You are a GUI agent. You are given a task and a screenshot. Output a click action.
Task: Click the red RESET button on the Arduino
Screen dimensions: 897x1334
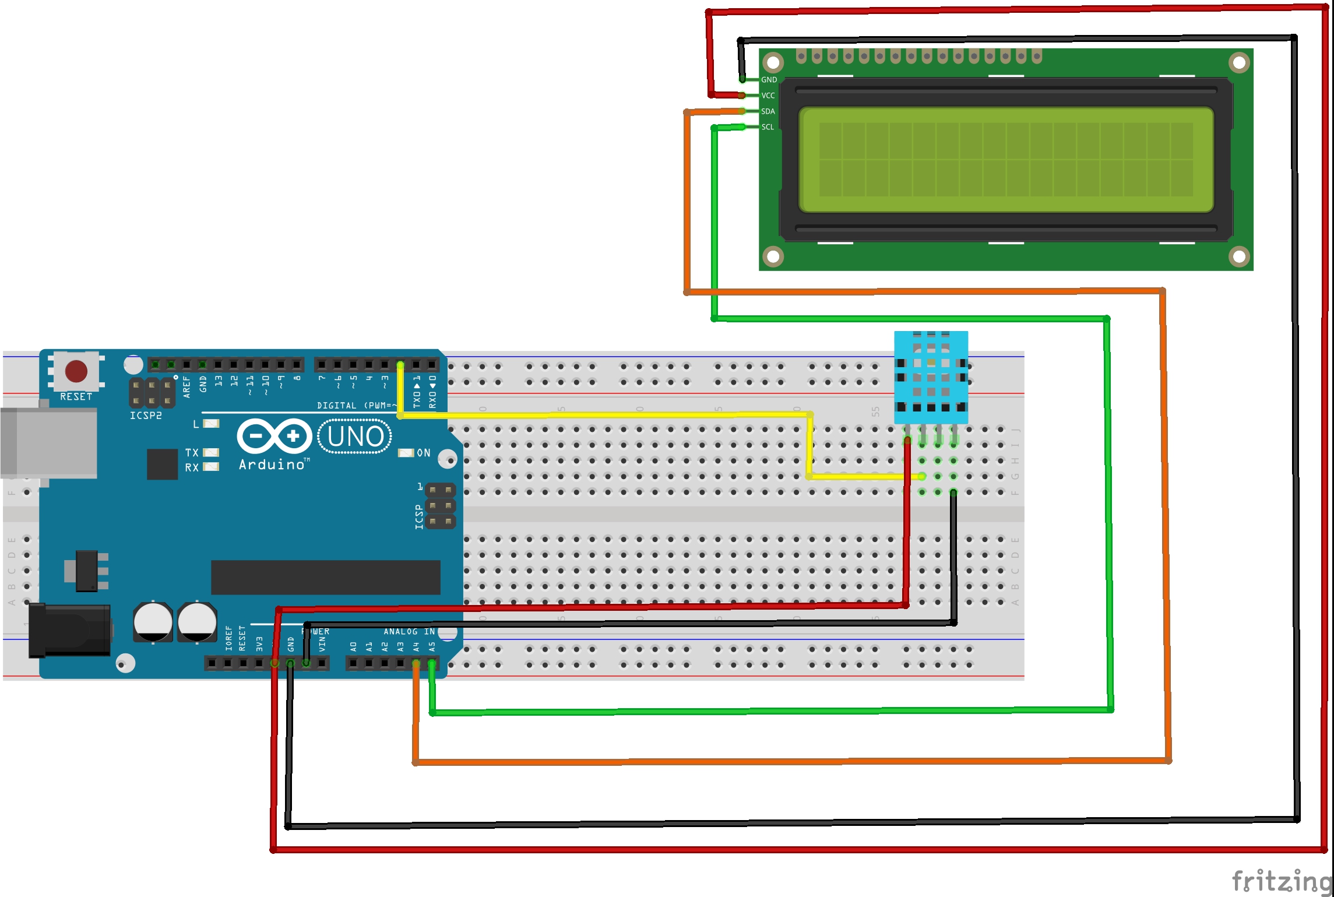[76, 371]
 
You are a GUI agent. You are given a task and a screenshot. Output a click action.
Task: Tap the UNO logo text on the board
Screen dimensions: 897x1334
[355, 437]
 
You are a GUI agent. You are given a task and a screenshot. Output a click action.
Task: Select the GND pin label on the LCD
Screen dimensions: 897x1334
[769, 80]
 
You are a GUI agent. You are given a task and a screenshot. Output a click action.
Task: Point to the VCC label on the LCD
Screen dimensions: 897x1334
[768, 96]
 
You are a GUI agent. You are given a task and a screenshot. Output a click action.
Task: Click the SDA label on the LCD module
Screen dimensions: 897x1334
[768, 111]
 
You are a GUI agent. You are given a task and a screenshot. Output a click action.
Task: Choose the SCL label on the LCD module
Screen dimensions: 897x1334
[768, 127]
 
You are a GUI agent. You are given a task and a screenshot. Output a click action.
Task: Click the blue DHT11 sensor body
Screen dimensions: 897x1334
[931, 378]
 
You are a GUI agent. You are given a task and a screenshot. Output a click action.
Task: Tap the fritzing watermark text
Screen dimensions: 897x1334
[1282, 881]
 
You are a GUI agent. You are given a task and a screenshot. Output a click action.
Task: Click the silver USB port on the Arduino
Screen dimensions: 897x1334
[50, 443]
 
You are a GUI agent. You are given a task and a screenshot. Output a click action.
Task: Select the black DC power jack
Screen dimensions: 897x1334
[70, 631]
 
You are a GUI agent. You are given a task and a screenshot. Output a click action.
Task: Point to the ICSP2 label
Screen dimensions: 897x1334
[146, 416]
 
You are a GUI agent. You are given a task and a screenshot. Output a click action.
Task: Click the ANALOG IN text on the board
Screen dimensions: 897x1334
[409, 632]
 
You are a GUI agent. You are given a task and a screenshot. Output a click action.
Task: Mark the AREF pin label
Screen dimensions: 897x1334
[187, 386]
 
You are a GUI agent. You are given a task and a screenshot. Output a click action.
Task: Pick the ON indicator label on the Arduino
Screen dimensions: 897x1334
[424, 453]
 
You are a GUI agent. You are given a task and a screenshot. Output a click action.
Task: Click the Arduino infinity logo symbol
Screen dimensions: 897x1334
[274, 436]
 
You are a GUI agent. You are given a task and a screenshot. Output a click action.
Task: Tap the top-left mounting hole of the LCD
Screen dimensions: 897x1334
[773, 62]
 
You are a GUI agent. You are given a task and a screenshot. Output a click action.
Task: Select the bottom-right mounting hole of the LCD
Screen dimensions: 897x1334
[1239, 256]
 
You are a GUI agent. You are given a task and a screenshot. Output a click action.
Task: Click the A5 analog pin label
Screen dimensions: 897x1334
[432, 646]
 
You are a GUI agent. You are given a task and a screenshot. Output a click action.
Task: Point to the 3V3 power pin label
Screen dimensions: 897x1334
[259, 644]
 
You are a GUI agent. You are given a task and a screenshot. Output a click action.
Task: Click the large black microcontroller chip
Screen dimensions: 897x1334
[325, 577]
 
